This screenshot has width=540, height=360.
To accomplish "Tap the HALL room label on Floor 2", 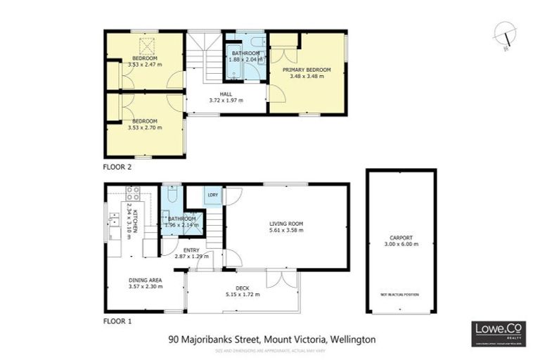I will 226,94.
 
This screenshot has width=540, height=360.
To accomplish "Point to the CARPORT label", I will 400,238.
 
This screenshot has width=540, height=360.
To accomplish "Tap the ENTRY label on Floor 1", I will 191,250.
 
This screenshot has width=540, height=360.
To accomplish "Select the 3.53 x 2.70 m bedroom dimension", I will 144,127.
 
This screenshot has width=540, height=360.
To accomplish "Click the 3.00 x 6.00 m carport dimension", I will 400,244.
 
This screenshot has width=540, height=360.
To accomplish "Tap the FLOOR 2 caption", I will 117,167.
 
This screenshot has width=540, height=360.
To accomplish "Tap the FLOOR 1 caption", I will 117,321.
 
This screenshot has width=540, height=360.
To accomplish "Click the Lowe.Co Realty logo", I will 498,333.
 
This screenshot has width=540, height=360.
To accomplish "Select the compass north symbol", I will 505,34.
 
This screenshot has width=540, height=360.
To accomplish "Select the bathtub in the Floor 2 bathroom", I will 233,65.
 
